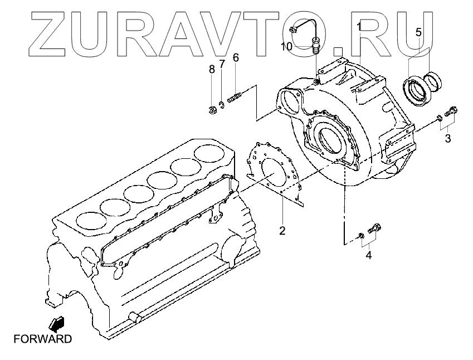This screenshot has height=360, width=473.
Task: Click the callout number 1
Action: click(359, 26)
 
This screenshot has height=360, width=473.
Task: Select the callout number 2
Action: click(282, 230)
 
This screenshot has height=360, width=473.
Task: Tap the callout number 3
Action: click(447, 139)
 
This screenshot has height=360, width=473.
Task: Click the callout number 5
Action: click(418, 32)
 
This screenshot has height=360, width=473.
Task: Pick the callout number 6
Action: click(236, 57)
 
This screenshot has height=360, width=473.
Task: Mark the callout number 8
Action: click(212, 69)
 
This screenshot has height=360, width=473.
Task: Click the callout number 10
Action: click(286, 46)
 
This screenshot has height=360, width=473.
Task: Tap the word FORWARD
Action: click(43, 338)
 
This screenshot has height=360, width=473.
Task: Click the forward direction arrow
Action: click(57, 323)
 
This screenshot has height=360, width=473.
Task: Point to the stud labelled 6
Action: click(235, 101)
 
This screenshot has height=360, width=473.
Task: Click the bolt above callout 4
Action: click(376, 229)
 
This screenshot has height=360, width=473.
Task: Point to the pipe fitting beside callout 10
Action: click(316, 43)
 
